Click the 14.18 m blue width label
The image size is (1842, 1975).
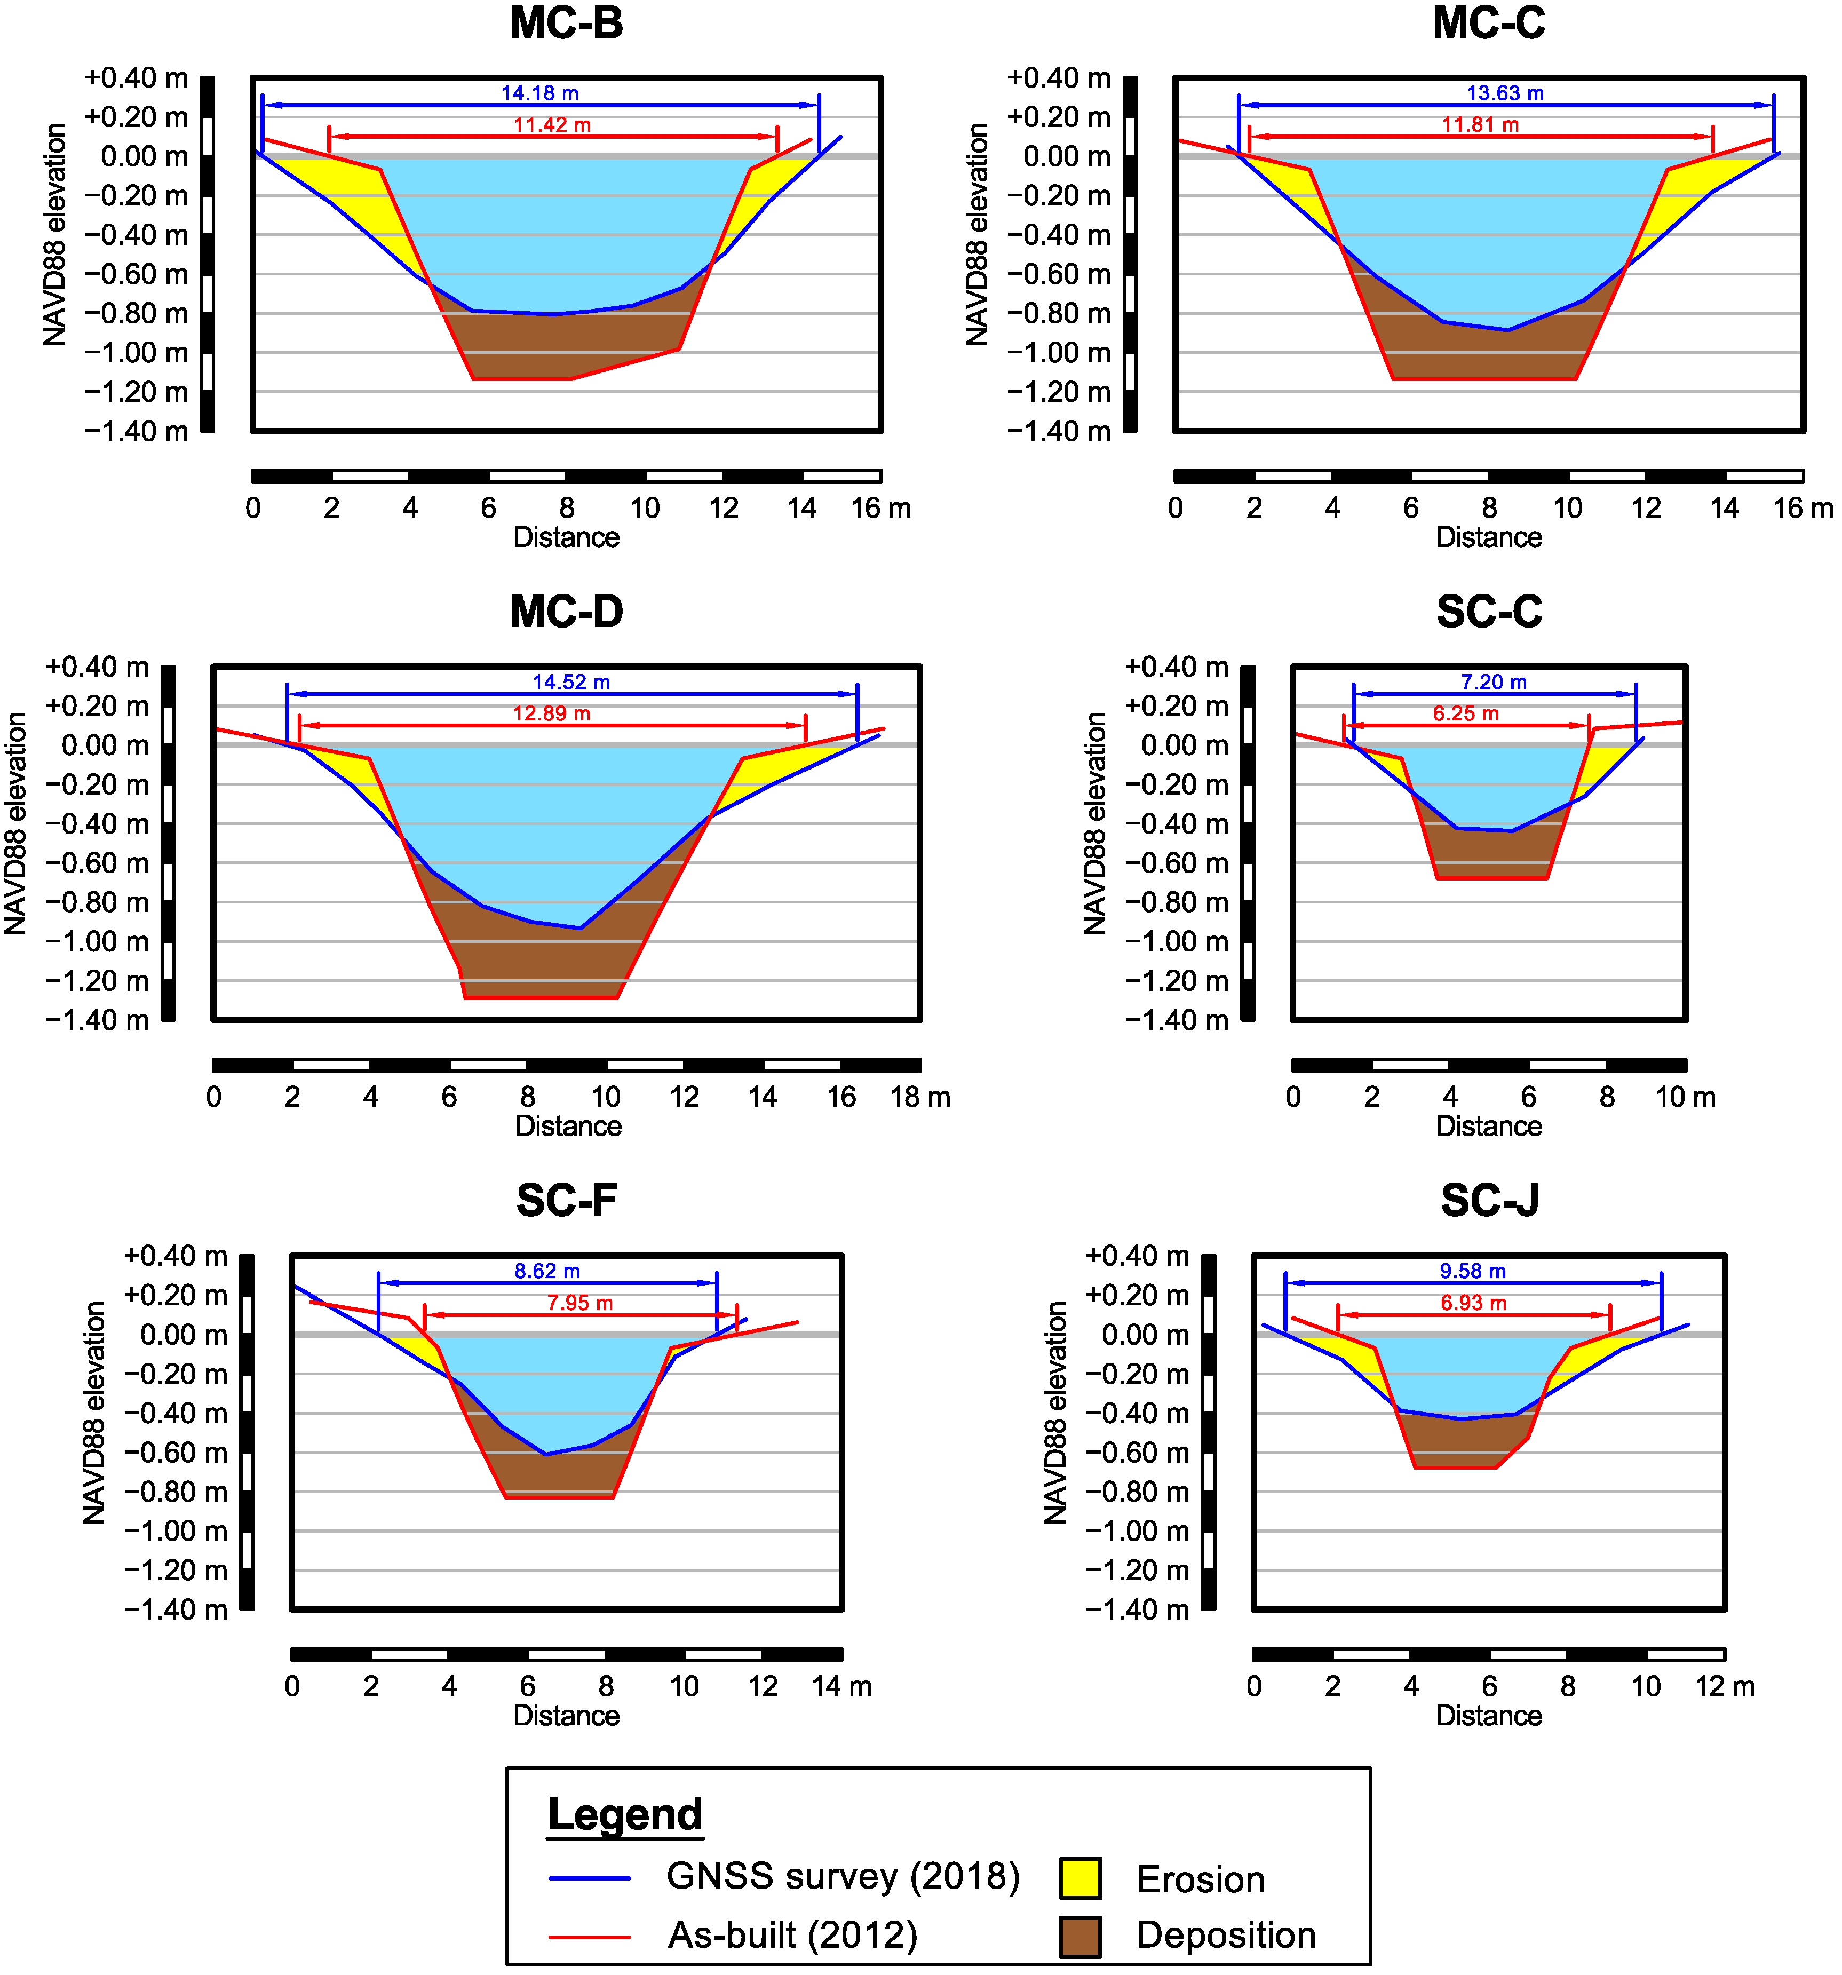click(x=539, y=93)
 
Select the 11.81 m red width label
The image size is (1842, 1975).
click(x=1479, y=125)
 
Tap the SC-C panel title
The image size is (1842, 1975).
click(x=1488, y=612)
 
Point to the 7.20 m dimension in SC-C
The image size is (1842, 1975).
click(x=1492, y=683)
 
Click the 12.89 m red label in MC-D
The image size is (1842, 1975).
click(x=551, y=715)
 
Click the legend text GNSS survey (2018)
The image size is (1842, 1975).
click(x=843, y=1876)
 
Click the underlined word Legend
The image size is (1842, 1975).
click(x=625, y=1814)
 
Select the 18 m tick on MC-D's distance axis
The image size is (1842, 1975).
click(x=919, y=1098)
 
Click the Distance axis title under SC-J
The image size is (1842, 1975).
click(x=1488, y=1716)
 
